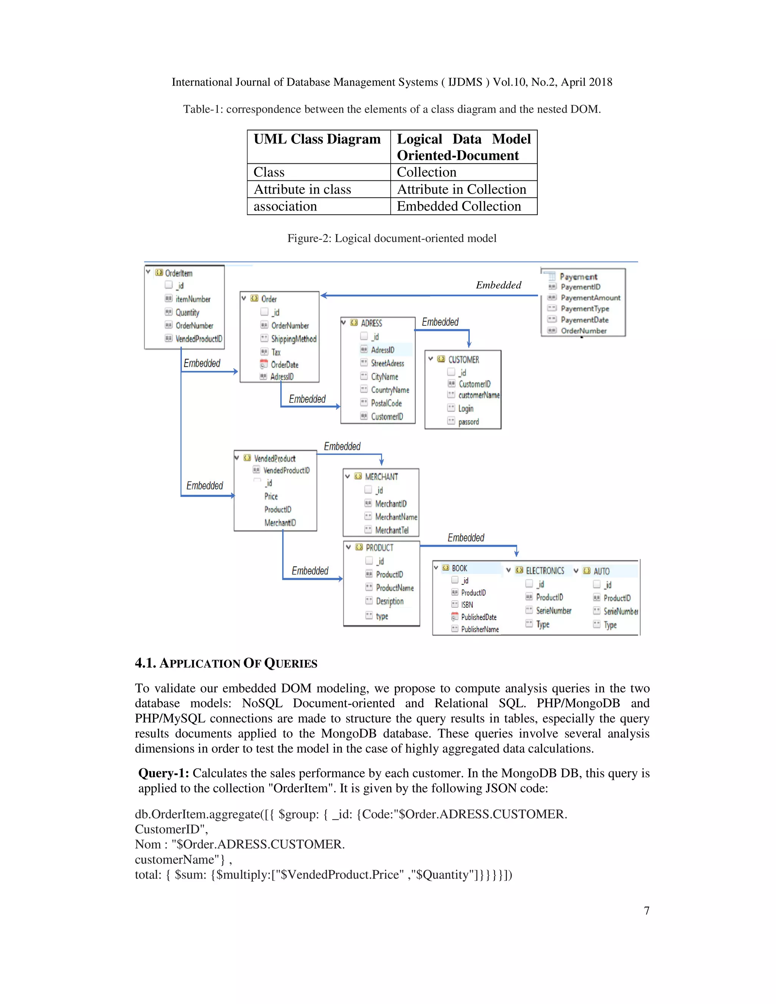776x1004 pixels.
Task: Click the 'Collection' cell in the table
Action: [426, 172]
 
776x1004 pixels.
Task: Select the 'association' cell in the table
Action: [285, 206]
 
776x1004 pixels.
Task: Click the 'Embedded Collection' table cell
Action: [458, 206]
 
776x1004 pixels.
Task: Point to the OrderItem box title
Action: [178, 273]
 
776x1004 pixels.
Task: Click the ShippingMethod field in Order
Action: [293, 339]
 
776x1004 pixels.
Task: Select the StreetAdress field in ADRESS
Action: [387, 363]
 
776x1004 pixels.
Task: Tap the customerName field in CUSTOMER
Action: [479, 395]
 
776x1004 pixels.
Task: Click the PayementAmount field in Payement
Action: [590, 298]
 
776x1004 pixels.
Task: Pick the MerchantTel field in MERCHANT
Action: [391, 530]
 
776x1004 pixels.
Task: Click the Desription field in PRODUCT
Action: [390, 601]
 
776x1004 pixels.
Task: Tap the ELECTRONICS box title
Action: [545, 571]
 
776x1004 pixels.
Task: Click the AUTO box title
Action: [601, 571]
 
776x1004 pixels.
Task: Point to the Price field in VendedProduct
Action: [271, 496]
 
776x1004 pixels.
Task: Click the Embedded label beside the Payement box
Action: [498, 285]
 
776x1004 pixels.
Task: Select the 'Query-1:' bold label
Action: [164, 773]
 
